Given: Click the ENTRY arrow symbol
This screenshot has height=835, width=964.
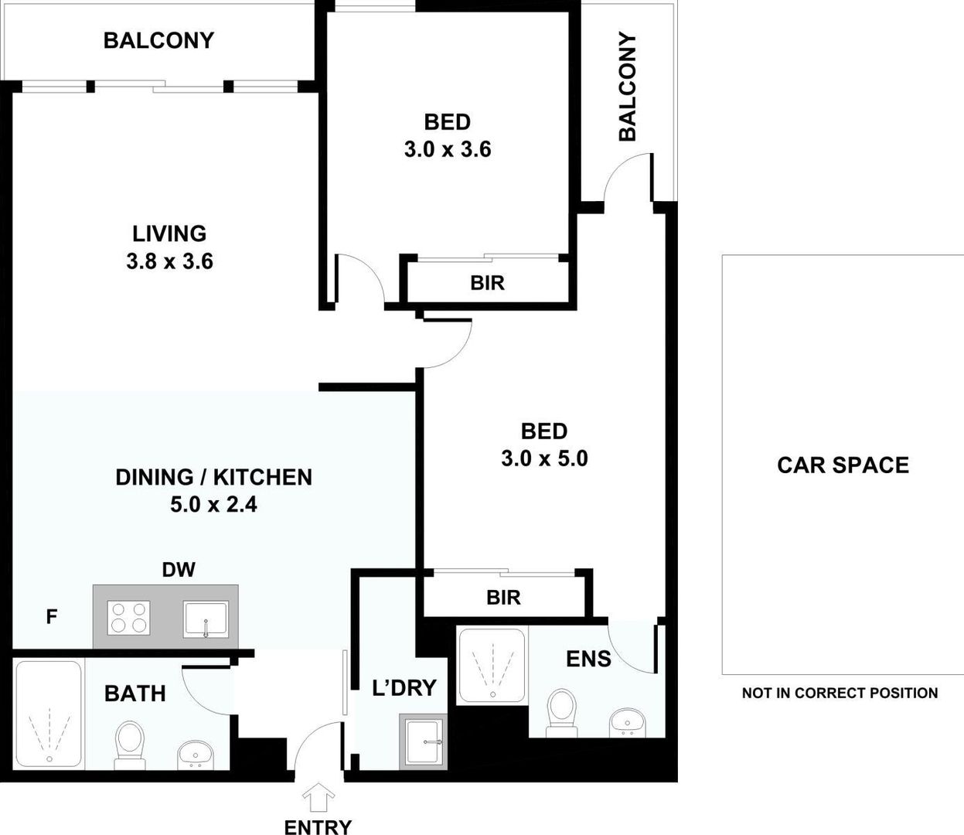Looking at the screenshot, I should [x=318, y=797].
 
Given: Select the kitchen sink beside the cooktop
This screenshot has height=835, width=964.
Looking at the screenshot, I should [x=206, y=619].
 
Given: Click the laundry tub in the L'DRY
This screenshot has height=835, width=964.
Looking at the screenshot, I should [x=423, y=742].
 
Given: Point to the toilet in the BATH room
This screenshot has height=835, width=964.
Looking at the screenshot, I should [x=128, y=744].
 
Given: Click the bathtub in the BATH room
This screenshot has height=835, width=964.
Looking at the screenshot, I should [x=48, y=714].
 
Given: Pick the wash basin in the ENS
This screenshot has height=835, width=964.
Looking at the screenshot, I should [x=627, y=723].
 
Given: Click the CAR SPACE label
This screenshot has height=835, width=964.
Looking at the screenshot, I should [x=843, y=465].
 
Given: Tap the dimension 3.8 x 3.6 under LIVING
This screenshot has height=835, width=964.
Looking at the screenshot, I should [x=169, y=261].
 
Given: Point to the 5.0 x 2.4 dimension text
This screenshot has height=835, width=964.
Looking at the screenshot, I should [x=213, y=505].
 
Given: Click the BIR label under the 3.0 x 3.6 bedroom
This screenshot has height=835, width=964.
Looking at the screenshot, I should [x=487, y=283].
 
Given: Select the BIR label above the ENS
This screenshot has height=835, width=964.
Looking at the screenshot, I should [x=503, y=597].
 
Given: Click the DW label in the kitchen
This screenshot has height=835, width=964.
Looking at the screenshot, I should [x=179, y=571].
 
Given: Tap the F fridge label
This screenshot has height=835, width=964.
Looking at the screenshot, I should [x=52, y=617].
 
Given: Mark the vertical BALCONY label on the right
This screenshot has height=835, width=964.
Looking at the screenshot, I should [x=627, y=87].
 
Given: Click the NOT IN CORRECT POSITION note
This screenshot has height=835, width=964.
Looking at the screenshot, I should [x=840, y=694].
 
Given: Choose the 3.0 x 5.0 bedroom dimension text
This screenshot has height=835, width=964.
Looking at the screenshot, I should [x=544, y=458].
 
